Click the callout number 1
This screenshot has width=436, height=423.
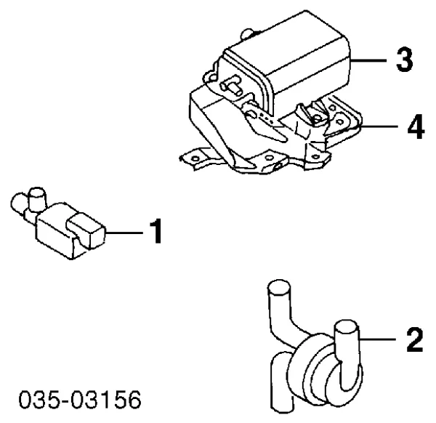tap(156, 231)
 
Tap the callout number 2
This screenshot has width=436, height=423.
tap(415, 339)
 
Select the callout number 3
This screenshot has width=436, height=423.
tap(405, 60)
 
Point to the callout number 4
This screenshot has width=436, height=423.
tap(416, 126)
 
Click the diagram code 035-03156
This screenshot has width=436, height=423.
tap(80, 400)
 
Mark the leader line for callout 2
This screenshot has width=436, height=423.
tap(377, 339)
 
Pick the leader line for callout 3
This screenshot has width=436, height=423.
tap(368, 60)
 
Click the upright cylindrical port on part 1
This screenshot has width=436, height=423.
tap(37, 199)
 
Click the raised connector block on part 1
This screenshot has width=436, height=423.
tap(85, 230)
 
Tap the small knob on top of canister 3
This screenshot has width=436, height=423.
tap(247, 34)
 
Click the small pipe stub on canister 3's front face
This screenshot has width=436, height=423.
tap(231, 86)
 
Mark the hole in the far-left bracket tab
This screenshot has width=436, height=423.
tap(195, 158)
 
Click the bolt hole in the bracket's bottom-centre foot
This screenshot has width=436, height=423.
tap(269, 158)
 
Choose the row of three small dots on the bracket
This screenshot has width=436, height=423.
tap(266, 118)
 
